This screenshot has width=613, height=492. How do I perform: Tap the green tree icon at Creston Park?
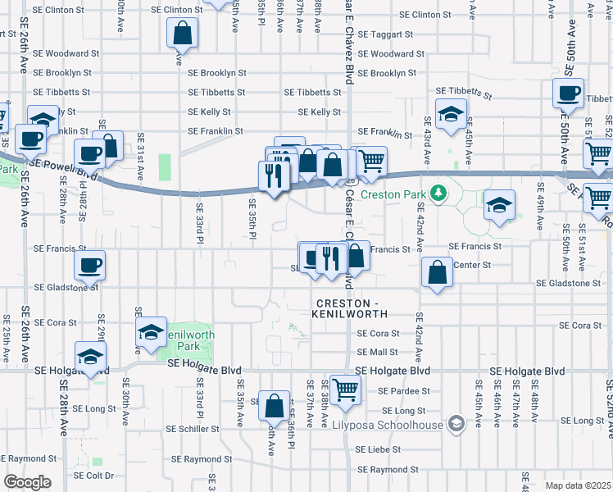pyautogui.click(x=438, y=193)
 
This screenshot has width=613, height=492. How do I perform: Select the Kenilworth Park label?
pyautogui.click(x=188, y=335)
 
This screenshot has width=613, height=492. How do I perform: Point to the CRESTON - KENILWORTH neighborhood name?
pyautogui.click(x=347, y=308)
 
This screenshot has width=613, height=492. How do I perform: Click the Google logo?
pyautogui.click(x=27, y=482)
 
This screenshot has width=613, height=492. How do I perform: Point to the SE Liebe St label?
pyautogui.click(x=379, y=449)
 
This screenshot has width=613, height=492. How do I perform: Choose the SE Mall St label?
pyautogui.click(x=378, y=352)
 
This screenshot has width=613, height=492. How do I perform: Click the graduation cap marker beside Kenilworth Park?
pyautogui.click(x=151, y=332)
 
